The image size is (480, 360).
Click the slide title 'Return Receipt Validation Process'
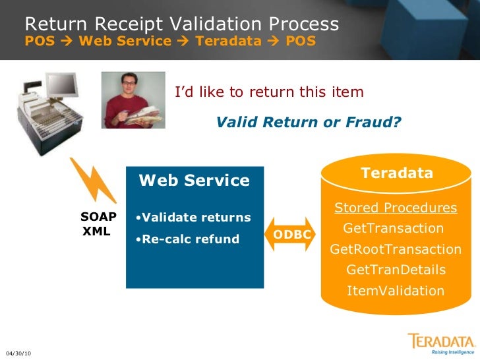[x=182, y=25]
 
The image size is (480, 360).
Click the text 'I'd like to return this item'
[x=269, y=92]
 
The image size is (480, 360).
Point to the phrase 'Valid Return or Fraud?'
[x=309, y=123]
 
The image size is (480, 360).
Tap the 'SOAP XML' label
[x=98, y=224]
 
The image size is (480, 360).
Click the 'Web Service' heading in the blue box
[x=195, y=181]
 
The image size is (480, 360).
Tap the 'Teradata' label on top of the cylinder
[x=397, y=173]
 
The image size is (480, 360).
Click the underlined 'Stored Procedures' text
[x=396, y=208]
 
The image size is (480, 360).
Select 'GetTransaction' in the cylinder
[x=394, y=228]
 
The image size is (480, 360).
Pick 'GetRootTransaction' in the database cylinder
[x=396, y=249]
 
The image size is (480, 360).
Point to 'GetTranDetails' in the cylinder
[x=396, y=270]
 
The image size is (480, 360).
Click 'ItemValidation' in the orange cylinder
[x=396, y=291]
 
